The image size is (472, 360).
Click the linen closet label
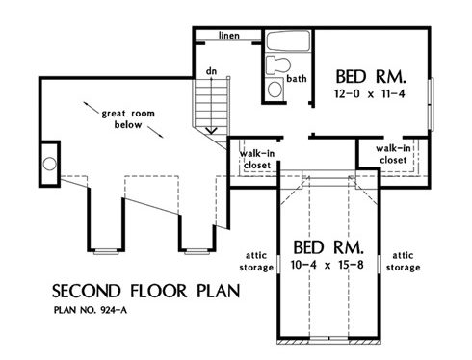pyautogui.click(x=229, y=36)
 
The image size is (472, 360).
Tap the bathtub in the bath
pyautogui.click(x=288, y=40)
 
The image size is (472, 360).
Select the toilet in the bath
pyautogui.click(x=278, y=65)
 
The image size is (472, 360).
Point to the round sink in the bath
pyautogui.click(x=275, y=89)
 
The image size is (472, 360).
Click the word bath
pyautogui.click(x=297, y=78)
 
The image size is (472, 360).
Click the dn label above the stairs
pyautogui.click(x=211, y=71)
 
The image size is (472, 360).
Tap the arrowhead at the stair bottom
pyautogui.click(x=211, y=131)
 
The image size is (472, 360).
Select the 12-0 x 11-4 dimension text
pyautogui.click(x=370, y=94)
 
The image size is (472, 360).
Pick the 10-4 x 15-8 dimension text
pyautogui.click(x=328, y=265)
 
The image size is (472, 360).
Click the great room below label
pyautogui.click(x=128, y=119)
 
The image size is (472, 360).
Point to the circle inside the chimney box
pyautogui.click(x=49, y=164)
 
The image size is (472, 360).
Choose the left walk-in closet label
pyautogui.click(x=257, y=160)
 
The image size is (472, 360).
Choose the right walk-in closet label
pyautogui.click(x=393, y=154)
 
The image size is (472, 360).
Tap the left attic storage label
pyautogui.click(x=256, y=262)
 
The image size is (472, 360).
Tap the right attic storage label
pyautogui.click(x=403, y=262)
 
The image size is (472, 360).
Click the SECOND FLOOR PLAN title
pyautogui.click(x=146, y=291)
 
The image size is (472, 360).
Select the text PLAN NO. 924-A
pyautogui.click(x=91, y=310)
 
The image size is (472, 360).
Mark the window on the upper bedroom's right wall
pyautogui.click(x=432, y=104)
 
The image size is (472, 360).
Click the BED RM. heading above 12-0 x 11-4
pyautogui.click(x=371, y=77)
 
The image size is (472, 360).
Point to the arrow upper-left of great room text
pyautogui.click(x=92, y=108)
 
